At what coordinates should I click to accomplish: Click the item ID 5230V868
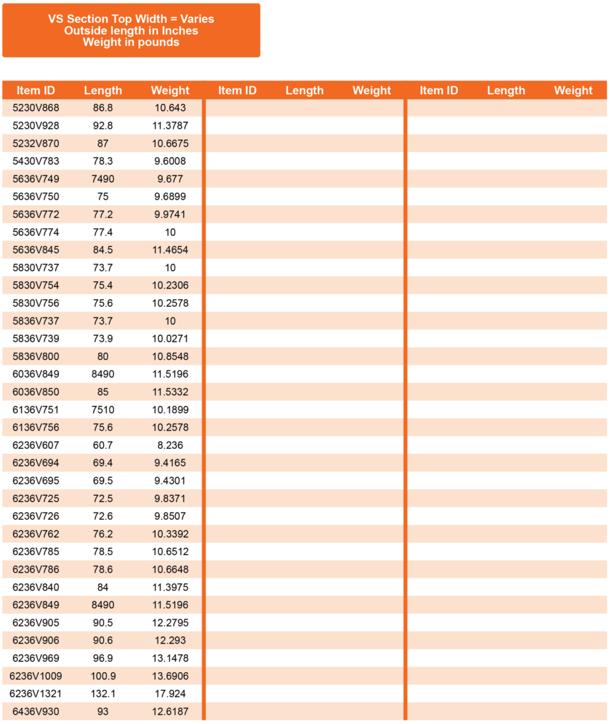[36, 108]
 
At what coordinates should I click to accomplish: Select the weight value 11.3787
[170, 126]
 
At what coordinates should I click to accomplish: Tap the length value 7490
[102, 179]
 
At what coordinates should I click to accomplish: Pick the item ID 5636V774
[36, 232]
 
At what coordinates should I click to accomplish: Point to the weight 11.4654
[170, 250]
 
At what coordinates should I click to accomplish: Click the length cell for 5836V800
[102, 356]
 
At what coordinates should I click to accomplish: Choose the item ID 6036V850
[36, 392]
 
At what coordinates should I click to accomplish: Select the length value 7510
[102, 409]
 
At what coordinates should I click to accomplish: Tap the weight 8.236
[170, 445]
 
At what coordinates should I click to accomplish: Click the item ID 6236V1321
[36, 694]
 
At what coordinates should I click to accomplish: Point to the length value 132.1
[102, 694]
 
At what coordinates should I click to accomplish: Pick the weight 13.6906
[170, 676]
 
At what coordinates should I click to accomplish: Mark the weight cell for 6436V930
[170, 711]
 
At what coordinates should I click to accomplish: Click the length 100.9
[102, 676]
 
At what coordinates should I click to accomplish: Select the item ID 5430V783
[36, 161]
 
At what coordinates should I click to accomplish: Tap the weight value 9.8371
[170, 498]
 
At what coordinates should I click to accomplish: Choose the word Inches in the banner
[180, 30]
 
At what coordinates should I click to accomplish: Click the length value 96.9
[102, 658]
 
